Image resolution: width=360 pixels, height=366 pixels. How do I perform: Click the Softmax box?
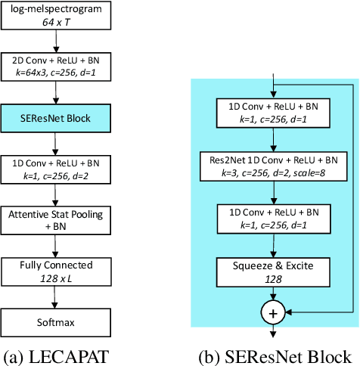[56, 323]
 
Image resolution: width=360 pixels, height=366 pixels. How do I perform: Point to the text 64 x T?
[56, 23]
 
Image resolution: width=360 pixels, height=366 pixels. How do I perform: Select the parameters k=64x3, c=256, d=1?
[56, 74]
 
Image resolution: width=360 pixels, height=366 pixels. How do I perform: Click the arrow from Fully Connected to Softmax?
[56, 298]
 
